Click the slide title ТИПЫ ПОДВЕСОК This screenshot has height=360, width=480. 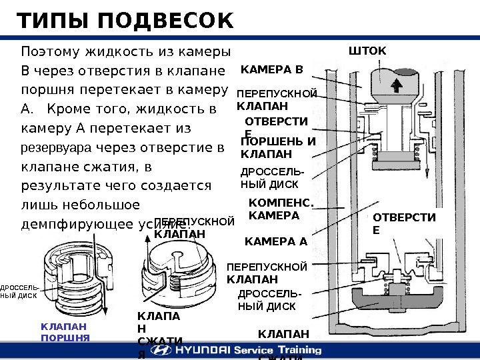pyautogui.click(x=125, y=21)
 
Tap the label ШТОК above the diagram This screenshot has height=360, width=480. pyautogui.click(x=368, y=51)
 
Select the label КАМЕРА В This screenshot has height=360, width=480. pyautogui.click(x=271, y=69)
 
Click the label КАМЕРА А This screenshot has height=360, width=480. pyautogui.click(x=276, y=241)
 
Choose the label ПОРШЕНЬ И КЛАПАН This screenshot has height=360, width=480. pyautogui.click(x=277, y=148)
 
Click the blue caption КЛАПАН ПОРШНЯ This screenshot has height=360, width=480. pyautogui.click(x=65, y=331)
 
